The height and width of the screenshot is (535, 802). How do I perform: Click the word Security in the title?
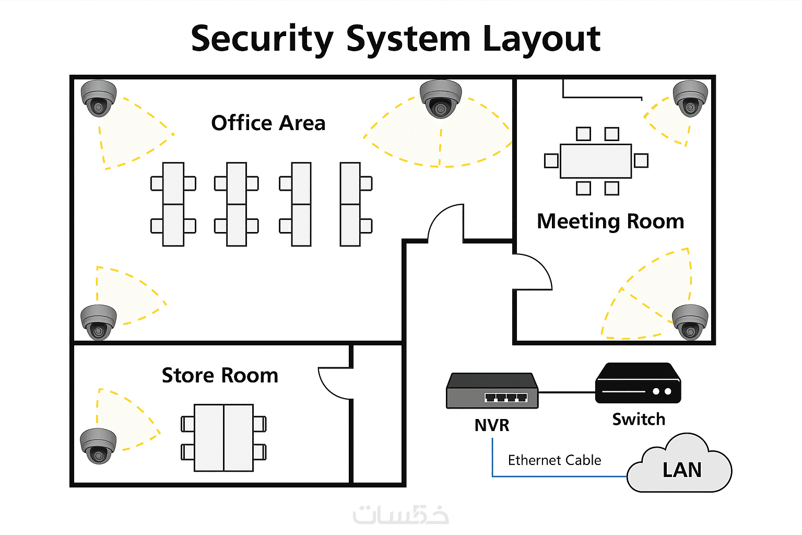point(262,39)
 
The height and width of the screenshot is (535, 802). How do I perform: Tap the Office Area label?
point(268,123)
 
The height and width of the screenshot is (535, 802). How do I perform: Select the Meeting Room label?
point(610,222)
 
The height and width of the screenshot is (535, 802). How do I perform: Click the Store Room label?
point(220,376)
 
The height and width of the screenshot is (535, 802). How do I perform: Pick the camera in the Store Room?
point(98,446)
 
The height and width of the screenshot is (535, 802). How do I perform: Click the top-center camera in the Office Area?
point(441,98)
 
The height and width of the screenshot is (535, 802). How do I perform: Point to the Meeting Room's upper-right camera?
point(690,98)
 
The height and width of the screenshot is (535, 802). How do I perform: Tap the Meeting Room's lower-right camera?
point(690,322)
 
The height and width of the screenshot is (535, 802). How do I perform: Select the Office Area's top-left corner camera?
point(98,98)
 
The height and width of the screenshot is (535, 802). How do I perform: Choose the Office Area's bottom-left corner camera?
point(98,322)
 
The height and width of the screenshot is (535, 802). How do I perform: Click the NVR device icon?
point(492,391)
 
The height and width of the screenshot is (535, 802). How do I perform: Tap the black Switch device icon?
point(638,384)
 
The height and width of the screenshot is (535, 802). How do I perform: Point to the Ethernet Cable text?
point(554,460)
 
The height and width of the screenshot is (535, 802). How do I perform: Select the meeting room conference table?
point(596,161)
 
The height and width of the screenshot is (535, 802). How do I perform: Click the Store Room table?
point(223,438)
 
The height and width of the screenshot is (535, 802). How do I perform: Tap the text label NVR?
point(491,425)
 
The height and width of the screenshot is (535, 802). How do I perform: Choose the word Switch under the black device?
point(639,420)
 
